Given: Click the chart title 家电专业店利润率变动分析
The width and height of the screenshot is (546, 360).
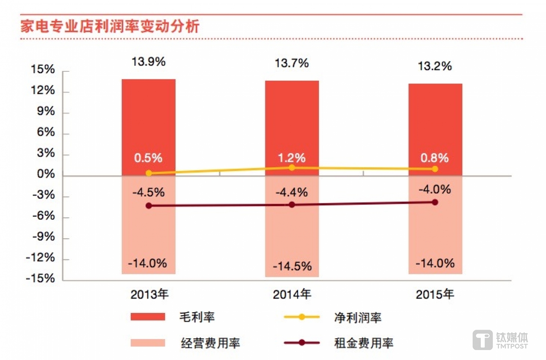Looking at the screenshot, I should (110, 26).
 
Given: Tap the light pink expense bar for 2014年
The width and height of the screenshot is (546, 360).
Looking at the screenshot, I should (292, 235).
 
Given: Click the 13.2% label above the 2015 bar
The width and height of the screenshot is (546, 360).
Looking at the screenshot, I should (435, 66).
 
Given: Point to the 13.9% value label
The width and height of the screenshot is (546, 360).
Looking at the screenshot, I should (148, 62).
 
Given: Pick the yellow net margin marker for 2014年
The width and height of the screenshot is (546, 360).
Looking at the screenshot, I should (292, 168).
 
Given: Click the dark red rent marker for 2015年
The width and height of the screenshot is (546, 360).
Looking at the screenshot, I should (435, 202).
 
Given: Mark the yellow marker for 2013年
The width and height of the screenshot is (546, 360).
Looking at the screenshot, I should (149, 173).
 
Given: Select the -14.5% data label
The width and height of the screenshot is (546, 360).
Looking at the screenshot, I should (292, 266).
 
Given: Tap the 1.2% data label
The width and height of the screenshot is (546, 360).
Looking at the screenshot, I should (292, 158).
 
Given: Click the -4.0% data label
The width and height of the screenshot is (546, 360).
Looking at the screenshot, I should (435, 189).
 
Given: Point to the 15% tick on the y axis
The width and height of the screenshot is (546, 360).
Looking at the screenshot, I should (43, 69).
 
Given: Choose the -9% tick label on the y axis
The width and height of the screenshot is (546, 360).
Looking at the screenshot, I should (44, 237).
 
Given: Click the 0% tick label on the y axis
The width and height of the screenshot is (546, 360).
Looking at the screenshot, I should (46, 174).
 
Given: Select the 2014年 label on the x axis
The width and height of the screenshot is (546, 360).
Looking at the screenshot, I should (292, 294).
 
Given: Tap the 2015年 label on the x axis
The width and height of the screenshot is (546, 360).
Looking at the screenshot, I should (435, 294).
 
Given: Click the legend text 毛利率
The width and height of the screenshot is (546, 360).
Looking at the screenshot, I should (197, 317).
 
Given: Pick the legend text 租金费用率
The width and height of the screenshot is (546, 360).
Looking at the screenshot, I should (363, 343).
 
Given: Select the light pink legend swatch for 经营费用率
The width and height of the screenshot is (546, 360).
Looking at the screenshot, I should (147, 343).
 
